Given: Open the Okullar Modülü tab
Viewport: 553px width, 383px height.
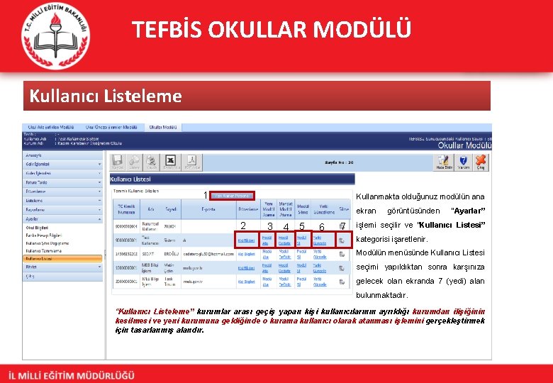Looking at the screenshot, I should click(162, 127).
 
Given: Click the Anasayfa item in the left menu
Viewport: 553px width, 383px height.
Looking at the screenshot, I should click(35, 155).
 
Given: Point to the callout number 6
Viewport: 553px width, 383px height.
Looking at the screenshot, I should click(322, 226).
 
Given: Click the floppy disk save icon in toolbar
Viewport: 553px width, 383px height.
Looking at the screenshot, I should click(117, 162).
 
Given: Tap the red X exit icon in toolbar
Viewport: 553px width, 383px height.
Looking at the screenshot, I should click(481, 162).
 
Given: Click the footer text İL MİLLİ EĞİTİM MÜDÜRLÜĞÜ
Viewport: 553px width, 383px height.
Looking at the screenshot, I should click(71, 374).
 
